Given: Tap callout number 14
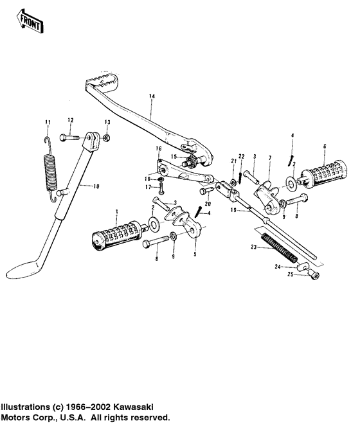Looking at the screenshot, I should (x=152, y=96).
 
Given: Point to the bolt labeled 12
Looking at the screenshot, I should (x=70, y=137).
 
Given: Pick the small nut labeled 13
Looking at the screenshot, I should (x=107, y=137).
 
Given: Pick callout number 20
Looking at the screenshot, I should (x=208, y=204).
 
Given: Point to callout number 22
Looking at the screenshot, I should (x=242, y=157).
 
